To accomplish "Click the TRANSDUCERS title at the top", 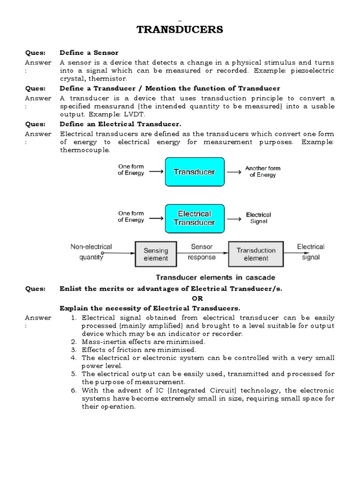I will pos(180,30).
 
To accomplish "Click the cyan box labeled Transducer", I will pos(194,172).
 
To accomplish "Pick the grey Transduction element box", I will pos(255,254).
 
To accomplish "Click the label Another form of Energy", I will pos(262,172).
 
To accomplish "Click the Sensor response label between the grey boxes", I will pos(202,252).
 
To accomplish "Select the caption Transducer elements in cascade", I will pos(215,277).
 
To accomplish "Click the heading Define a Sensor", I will pos(89,52).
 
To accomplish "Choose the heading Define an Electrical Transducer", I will pos(120,124).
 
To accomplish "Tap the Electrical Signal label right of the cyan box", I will pos(258,218).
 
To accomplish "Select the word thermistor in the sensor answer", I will pos(114,79).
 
